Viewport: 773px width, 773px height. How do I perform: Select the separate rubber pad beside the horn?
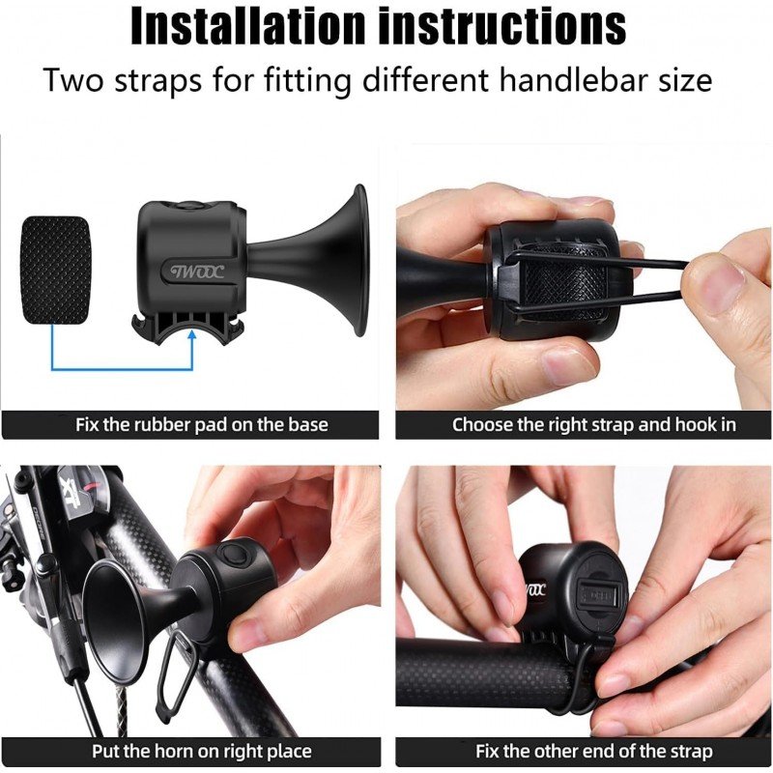pyautogui.click(x=55, y=270)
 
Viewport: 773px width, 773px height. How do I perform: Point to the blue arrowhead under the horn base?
pyautogui.click(x=192, y=335)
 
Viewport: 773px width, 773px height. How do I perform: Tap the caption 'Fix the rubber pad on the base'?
pyautogui.click(x=202, y=424)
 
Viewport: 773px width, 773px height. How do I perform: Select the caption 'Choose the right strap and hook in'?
pyautogui.click(x=593, y=424)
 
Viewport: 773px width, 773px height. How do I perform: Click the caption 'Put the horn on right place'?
pyautogui.click(x=202, y=752)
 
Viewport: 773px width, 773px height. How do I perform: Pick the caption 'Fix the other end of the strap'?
pyautogui.click(x=594, y=752)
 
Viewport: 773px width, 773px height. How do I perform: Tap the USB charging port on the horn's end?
pyautogui.click(x=598, y=594)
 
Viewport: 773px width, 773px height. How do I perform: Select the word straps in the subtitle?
pyautogui.click(x=157, y=80)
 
